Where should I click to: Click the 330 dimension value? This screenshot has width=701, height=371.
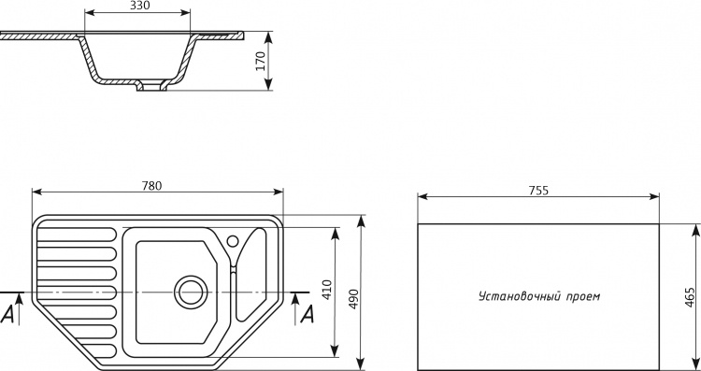click(140, 6)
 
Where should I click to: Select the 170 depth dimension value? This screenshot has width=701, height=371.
click(261, 61)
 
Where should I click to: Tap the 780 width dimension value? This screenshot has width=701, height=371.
click(151, 185)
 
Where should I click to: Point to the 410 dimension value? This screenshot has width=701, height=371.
click(327, 290)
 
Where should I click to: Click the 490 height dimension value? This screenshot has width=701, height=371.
click(353, 299)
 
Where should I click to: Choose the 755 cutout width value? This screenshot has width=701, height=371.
click(538, 191)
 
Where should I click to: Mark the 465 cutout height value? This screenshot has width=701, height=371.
click(690, 297)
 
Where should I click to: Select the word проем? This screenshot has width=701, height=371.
click(583, 297)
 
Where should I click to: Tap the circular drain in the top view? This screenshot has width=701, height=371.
click(191, 293)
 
